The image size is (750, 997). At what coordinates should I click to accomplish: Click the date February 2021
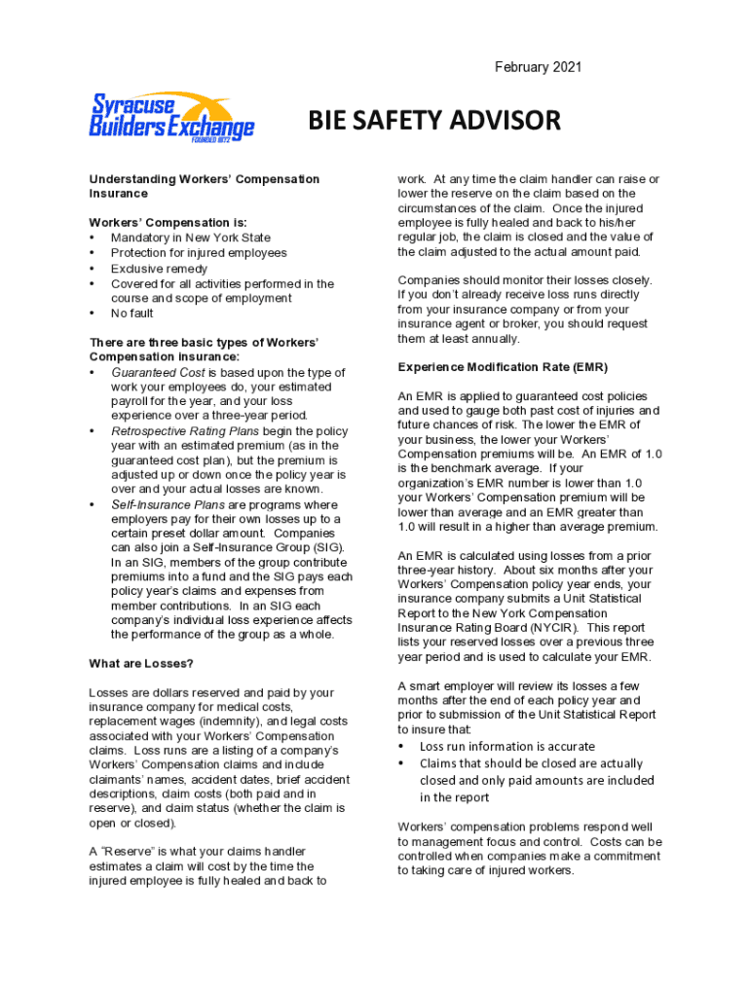(x=538, y=67)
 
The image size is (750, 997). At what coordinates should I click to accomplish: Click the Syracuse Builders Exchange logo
(x=172, y=116)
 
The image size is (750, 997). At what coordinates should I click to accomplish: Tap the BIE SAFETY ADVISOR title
(x=434, y=121)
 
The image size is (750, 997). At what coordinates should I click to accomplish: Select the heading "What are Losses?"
(x=142, y=663)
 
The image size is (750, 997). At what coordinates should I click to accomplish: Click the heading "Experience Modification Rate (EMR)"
(x=503, y=367)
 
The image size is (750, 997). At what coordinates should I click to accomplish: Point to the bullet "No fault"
(x=132, y=314)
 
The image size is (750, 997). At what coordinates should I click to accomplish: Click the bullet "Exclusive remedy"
(x=159, y=268)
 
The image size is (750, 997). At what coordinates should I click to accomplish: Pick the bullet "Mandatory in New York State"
(x=191, y=238)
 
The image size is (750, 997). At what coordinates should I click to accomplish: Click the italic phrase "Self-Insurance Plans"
(x=169, y=505)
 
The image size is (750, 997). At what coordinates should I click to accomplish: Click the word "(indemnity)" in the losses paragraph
(x=225, y=721)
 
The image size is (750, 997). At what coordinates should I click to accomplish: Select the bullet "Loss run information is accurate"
(x=506, y=746)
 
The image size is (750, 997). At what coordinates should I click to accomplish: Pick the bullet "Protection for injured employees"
(x=199, y=253)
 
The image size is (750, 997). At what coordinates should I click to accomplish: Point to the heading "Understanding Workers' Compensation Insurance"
(x=205, y=186)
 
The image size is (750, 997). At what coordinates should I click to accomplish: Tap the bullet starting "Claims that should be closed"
(x=531, y=763)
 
